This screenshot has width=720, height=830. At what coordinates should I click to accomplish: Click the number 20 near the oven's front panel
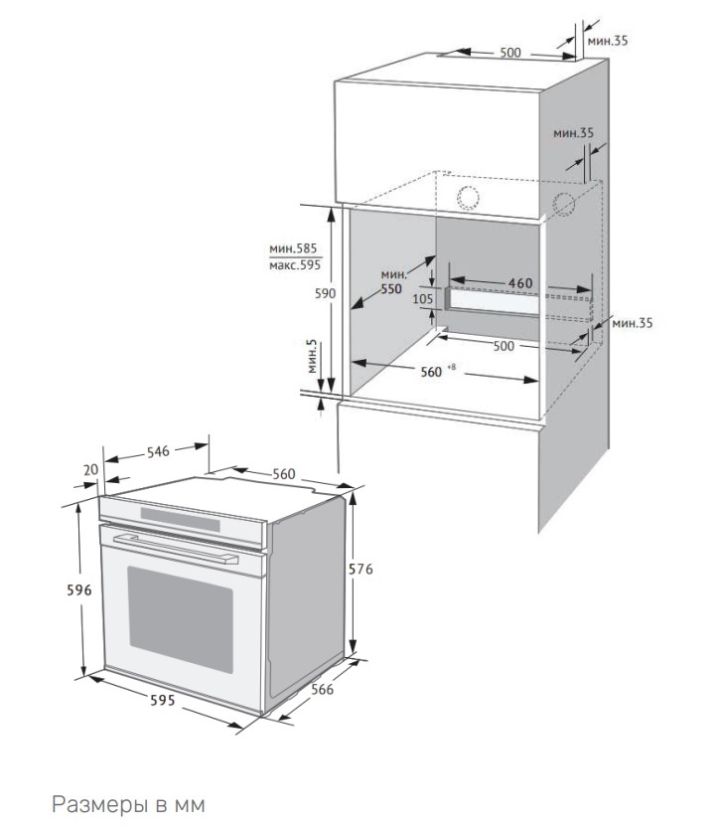tap(91, 470)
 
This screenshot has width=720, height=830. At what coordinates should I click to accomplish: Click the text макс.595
tap(294, 265)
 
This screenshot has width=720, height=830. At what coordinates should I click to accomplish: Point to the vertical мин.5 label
tap(313, 357)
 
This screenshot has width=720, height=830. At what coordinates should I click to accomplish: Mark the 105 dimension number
tap(423, 298)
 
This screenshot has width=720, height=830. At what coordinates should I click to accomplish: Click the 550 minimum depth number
tap(391, 289)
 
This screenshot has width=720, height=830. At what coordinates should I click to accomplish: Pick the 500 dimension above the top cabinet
tap(510, 53)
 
